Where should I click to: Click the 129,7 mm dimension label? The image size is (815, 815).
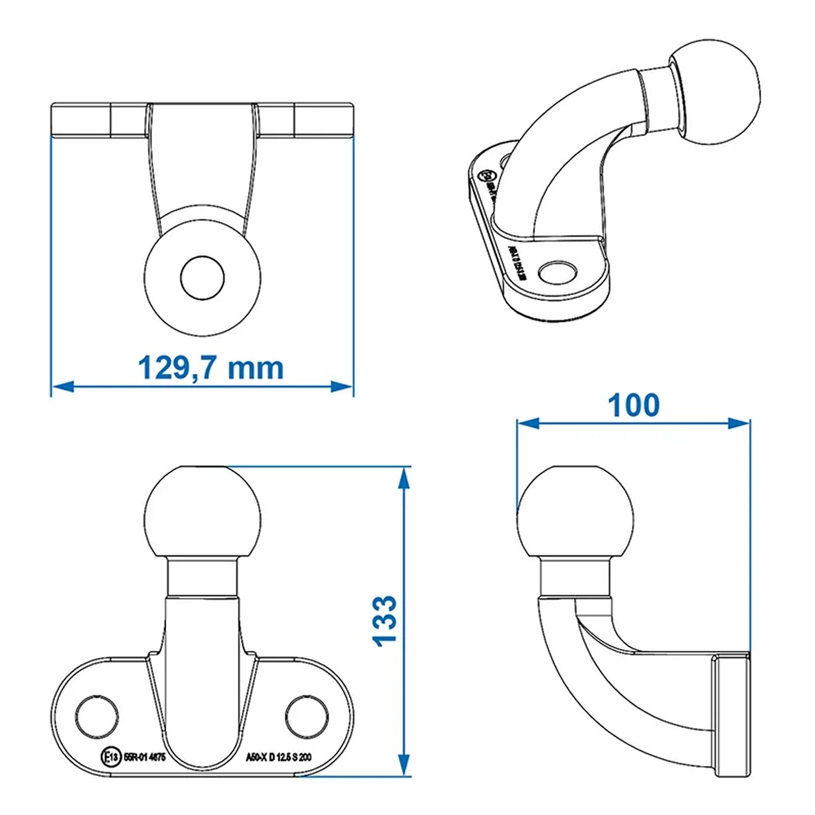coord(211,368)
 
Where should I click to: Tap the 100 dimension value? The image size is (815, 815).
coord(634,405)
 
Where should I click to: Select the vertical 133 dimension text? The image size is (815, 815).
coord(385,620)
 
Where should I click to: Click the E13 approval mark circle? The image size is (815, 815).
coord(110,757)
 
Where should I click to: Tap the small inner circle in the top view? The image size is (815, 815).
coord(202,278)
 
